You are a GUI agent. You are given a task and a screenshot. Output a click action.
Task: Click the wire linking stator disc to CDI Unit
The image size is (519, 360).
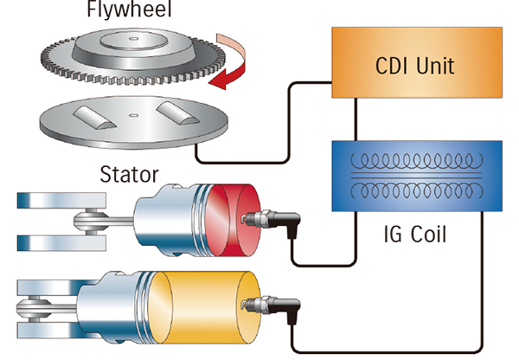259,161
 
